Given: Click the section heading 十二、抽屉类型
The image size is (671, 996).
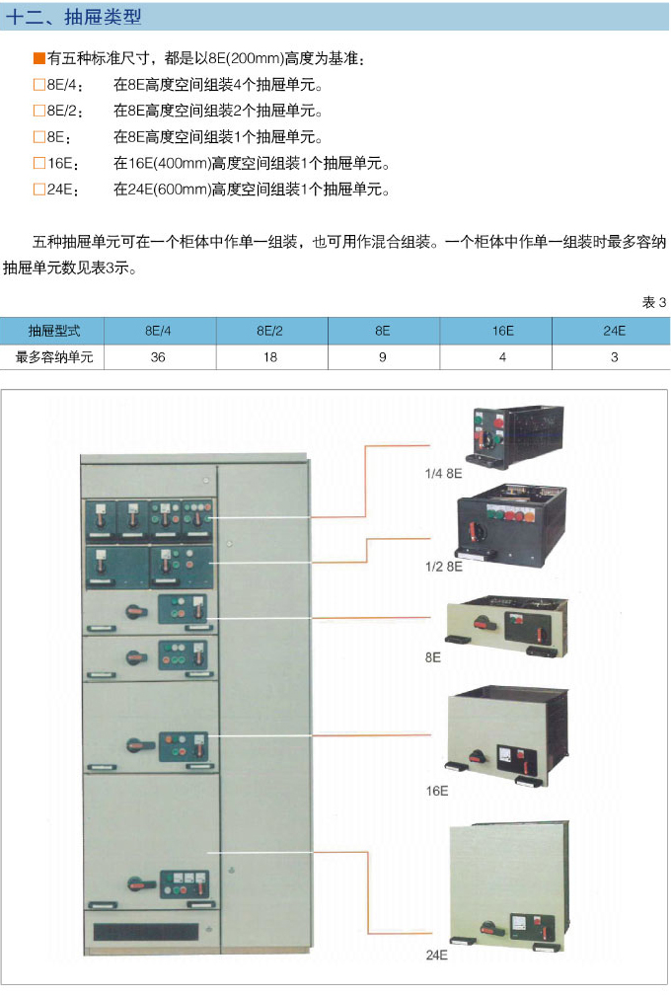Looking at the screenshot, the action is pyautogui.click(x=73, y=17).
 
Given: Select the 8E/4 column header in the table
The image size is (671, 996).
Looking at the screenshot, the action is pyautogui.click(x=158, y=331).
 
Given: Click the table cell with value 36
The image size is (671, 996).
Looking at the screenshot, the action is pyautogui.click(x=158, y=357).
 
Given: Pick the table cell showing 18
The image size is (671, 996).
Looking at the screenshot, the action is pyautogui.click(x=270, y=357).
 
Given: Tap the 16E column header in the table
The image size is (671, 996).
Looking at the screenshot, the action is pyautogui.click(x=503, y=331).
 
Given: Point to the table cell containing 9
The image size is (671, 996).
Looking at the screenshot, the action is pyautogui.click(x=383, y=357).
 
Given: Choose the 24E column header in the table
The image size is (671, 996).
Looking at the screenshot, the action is pyautogui.click(x=614, y=331).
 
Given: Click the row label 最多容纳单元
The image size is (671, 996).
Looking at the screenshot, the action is pyautogui.click(x=54, y=357).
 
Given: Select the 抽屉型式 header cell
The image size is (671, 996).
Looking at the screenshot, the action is pyautogui.click(x=54, y=331).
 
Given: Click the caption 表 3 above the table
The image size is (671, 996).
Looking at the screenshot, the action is pyautogui.click(x=654, y=302).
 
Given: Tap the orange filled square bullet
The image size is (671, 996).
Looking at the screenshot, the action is pyautogui.click(x=39, y=58).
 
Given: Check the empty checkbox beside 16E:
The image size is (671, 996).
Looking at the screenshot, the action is pyautogui.click(x=39, y=163).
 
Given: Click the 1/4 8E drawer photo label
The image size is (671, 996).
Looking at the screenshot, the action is pyautogui.click(x=443, y=473).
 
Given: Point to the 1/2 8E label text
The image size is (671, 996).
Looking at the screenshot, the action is pyautogui.click(x=443, y=566).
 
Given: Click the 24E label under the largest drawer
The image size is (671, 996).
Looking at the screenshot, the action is pyautogui.click(x=437, y=955).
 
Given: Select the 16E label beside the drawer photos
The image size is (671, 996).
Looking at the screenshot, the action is pyautogui.click(x=437, y=791).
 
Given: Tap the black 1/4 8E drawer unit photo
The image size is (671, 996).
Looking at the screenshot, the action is pyautogui.click(x=515, y=436).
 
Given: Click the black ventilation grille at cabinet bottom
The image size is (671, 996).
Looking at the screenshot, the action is pyautogui.click(x=146, y=932).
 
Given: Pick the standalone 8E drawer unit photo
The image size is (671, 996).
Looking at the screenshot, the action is pyautogui.click(x=506, y=626).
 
